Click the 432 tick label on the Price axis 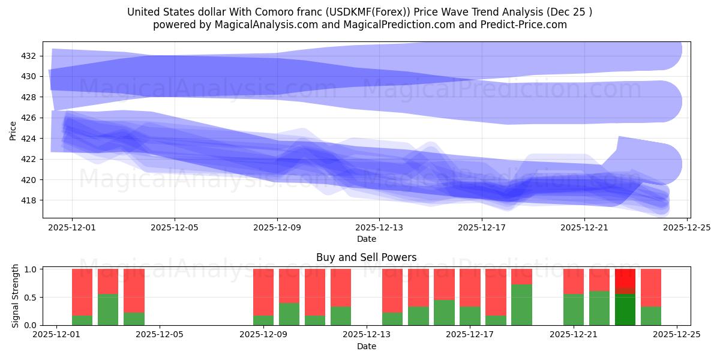pos(29,56)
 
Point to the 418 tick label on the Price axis pos(29,200)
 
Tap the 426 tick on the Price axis pos(29,118)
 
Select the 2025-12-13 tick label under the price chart pos(379,228)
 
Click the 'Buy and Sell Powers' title pos(366,257)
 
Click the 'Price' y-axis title pos(13,130)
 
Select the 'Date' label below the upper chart pos(366,239)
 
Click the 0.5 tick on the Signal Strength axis pos(29,297)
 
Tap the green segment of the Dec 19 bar pos(521,305)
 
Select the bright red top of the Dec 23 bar pos(625,278)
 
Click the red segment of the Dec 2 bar pos(82,292)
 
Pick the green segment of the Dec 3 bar pos(108,310)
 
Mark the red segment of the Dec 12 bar pos(341,287)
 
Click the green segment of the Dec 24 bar pos(651,316)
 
